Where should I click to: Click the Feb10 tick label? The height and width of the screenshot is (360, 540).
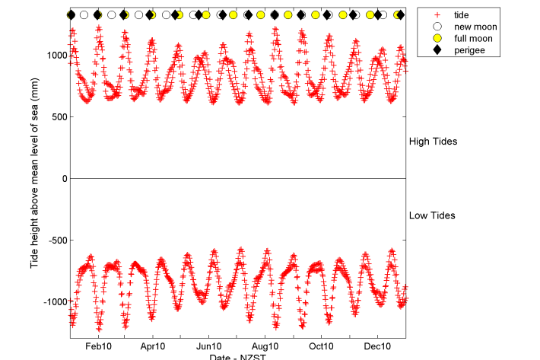(98, 346)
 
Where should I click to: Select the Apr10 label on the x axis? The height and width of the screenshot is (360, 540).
(153, 346)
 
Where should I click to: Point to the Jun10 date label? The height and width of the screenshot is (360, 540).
(209, 346)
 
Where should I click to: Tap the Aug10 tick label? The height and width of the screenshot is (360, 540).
(265, 346)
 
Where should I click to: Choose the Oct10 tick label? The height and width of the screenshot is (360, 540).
(321, 346)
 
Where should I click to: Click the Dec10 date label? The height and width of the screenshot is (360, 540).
(378, 346)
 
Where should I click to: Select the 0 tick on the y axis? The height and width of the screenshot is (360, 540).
(65, 179)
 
